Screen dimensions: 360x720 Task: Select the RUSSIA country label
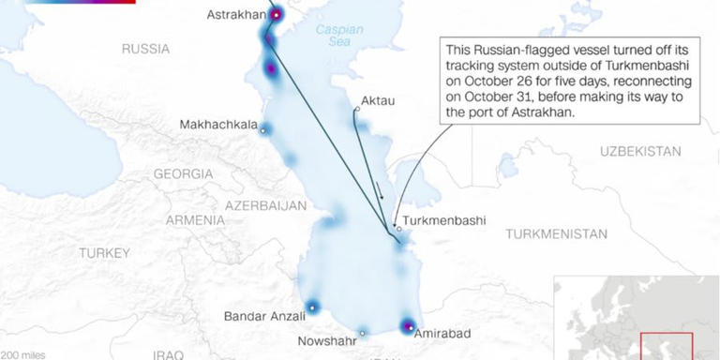pyautogui.click(x=146, y=49)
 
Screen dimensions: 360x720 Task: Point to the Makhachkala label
pyautogui.click(x=218, y=126)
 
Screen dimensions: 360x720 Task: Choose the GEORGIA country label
pyautogui.click(x=184, y=174)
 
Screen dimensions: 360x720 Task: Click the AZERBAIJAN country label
pyautogui.click(x=266, y=204)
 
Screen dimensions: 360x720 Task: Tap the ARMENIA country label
pyautogui.click(x=195, y=220)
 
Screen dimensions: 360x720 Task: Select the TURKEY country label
pyautogui.click(x=104, y=253)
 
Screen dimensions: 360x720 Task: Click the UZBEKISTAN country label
pyautogui.click(x=640, y=151)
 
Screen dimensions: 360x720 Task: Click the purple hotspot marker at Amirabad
pyautogui.click(x=408, y=326)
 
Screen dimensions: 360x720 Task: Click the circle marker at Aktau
pyautogui.click(x=357, y=110)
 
